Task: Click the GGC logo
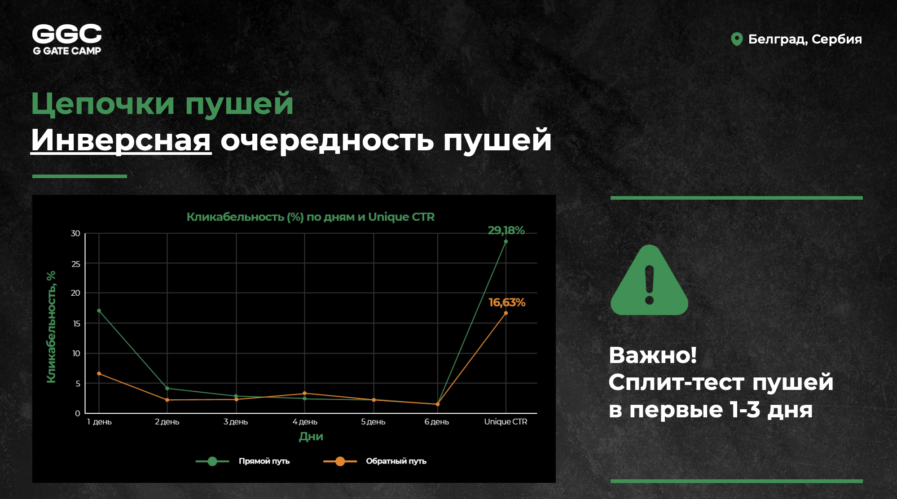click(x=67, y=39)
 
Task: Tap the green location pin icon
click(x=737, y=39)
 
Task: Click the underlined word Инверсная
click(x=121, y=140)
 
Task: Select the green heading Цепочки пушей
click(x=162, y=104)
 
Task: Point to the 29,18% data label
click(x=506, y=230)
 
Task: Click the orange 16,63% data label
click(x=507, y=302)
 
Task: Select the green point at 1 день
click(x=99, y=311)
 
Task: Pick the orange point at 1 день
click(x=99, y=373)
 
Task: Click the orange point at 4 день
click(x=305, y=394)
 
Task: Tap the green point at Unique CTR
click(x=506, y=241)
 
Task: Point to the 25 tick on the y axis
click(x=76, y=264)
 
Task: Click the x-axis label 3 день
click(x=236, y=422)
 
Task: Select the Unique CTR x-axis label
click(x=506, y=422)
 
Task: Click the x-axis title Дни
click(x=311, y=437)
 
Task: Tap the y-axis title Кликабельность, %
click(x=51, y=327)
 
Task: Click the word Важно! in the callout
click(x=653, y=355)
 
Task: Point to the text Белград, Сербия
click(x=805, y=39)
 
